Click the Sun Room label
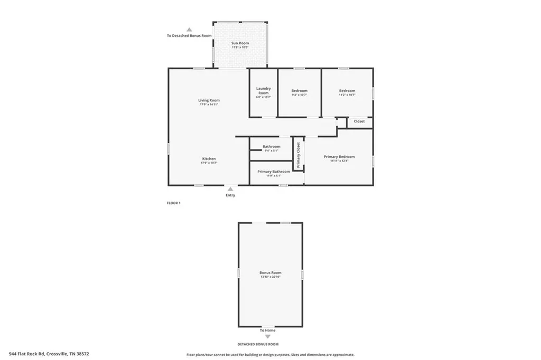tap(240, 43)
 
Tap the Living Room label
tap(209, 100)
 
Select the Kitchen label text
tap(209, 159)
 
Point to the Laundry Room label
tap(263, 91)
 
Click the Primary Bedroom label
tap(339, 157)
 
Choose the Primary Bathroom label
tap(273, 172)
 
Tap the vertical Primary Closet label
tap(298, 156)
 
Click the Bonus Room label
tap(270, 273)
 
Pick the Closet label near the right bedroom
tap(359, 121)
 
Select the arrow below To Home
tap(267, 336)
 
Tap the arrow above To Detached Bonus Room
tap(189, 30)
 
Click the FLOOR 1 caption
tap(174, 203)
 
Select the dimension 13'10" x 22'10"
tap(270, 277)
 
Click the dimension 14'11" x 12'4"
tap(339, 161)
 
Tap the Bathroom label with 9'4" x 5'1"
tap(272, 146)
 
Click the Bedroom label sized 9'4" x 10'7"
tap(299, 91)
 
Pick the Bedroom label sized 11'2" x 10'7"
tap(347, 91)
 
